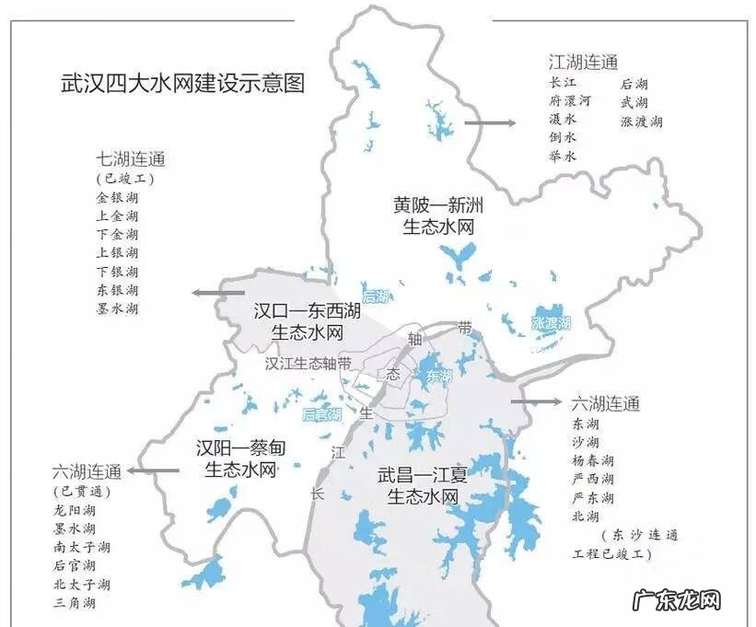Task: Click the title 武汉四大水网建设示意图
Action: [182, 84]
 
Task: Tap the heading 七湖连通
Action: [130, 157]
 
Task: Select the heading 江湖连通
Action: [583, 63]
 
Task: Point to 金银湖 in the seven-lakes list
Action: [117, 197]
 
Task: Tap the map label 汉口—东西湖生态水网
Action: [308, 322]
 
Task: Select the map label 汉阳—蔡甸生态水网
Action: [237, 459]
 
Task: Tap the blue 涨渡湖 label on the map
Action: [552, 323]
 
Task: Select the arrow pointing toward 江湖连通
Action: [489, 122]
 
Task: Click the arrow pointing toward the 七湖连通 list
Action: [218, 293]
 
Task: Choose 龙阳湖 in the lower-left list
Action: [75, 509]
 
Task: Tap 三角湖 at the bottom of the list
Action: [75, 604]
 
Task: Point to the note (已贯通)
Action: [75, 490]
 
